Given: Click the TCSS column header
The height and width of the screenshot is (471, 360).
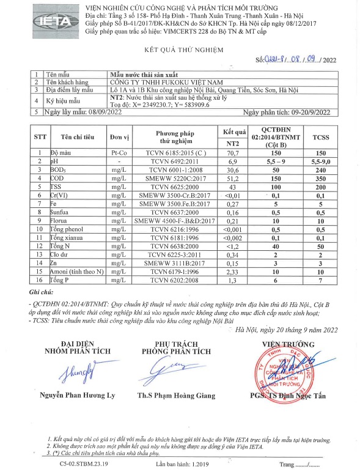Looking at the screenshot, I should [x=320, y=138].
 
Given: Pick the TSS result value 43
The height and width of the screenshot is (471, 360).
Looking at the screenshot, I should [x=233, y=186].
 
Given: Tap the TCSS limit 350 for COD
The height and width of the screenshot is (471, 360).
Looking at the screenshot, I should [x=320, y=178].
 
